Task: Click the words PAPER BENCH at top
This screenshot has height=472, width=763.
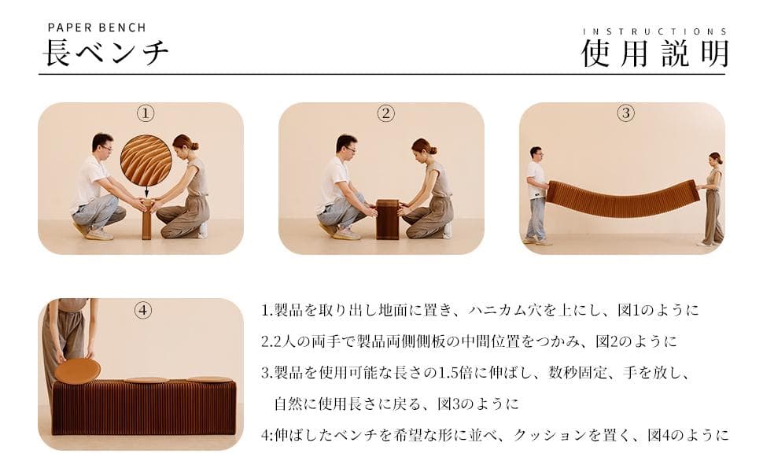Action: pyautogui.click(x=96, y=28)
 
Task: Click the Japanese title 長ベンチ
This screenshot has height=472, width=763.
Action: pyautogui.click(x=105, y=53)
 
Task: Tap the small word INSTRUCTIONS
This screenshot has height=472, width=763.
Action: pyautogui.click(x=654, y=31)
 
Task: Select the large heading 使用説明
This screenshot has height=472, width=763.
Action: pyautogui.click(x=654, y=53)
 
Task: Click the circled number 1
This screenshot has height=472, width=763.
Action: pyautogui.click(x=146, y=113)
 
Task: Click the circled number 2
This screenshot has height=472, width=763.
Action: pyautogui.click(x=385, y=113)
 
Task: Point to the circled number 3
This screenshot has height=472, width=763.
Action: pyautogui.click(x=625, y=113)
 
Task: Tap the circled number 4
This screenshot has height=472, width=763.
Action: pyautogui.click(x=143, y=310)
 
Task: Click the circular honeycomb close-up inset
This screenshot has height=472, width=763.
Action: pyautogui.click(x=146, y=160)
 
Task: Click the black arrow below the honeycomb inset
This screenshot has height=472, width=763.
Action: pyautogui.click(x=146, y=192)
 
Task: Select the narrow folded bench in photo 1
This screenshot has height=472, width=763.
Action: pyautogui.click(x=146, y=219)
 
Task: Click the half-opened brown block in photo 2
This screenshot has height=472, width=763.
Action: pyautogui.click(x=386, y=219)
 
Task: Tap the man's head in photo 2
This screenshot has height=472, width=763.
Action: pyautogui.click(x=346, y=145)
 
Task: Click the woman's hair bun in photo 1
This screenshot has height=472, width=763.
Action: pyautogui.click(x=194, y=146)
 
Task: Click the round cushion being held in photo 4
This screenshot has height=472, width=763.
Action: pyautogui.click(x=78, y=371)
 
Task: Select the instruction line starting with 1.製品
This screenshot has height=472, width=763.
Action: pyautogui.click(x=480, y=310)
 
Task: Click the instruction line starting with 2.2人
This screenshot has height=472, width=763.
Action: pyautogui.click(x=469, y=341)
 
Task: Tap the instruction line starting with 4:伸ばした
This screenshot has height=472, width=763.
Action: pyautogui.click(x=495, y=435)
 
